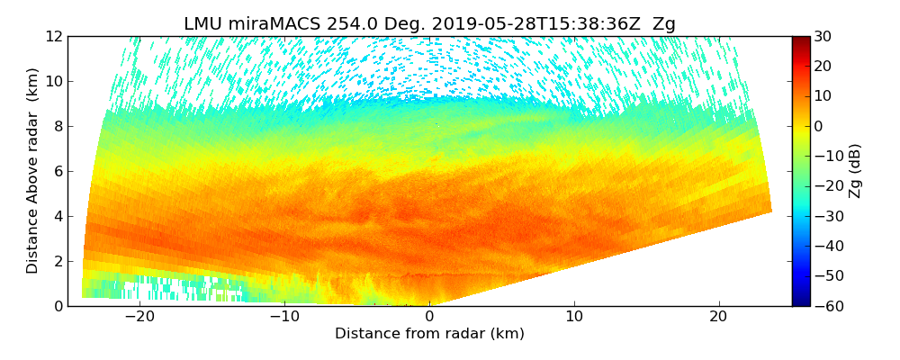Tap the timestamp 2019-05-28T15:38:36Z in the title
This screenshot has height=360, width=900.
coord(509,24)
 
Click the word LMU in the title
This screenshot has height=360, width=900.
coord(202,24)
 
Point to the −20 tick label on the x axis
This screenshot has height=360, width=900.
coord(139,317)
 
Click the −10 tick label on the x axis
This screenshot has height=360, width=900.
coord(284,317)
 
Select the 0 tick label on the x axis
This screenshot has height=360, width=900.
coord(429,317)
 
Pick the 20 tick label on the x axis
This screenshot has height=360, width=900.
coord(718,317)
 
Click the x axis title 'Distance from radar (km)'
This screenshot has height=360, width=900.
coord(429,334)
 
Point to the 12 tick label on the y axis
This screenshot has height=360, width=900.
coord(54,36)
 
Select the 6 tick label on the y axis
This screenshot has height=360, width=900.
coord(58,171)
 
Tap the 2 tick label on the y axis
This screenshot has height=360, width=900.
coord(58,261)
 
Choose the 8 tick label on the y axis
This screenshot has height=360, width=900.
coord(58,126)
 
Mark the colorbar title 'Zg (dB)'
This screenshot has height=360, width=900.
coord(856,171)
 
